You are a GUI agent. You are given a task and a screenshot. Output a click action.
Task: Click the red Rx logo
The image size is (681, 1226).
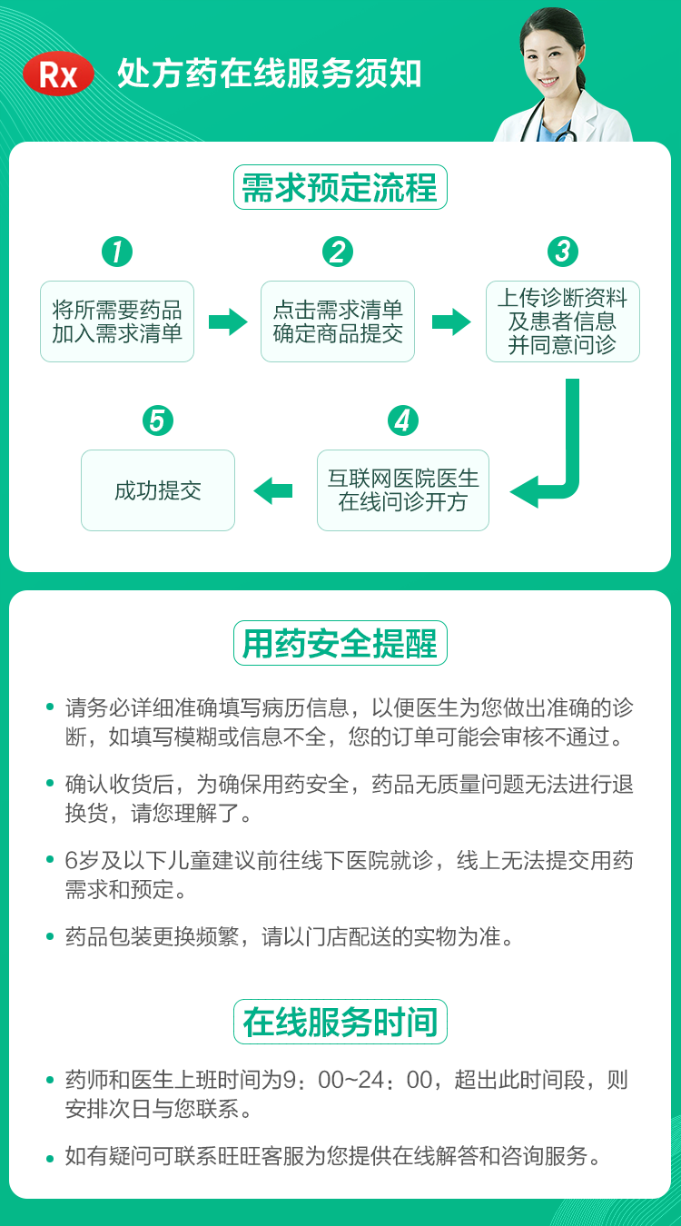(59, 74)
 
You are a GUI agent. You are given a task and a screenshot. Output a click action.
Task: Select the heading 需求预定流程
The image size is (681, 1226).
(340, 188)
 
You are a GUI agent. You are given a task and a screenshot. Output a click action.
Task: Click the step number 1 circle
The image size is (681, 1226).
(117, 252)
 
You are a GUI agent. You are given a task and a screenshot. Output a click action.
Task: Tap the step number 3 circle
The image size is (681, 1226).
(563, 252)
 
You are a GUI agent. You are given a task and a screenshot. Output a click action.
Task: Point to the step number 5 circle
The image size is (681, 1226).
(158, 421)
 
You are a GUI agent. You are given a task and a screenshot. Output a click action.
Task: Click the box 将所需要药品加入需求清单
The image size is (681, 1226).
(117, 321)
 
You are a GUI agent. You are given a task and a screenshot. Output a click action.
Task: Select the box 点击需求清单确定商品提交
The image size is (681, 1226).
(338, 321)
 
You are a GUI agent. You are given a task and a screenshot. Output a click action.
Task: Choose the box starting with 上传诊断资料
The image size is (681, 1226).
(563, 321)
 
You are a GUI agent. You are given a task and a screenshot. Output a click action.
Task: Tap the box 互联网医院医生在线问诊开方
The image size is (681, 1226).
(403, 490)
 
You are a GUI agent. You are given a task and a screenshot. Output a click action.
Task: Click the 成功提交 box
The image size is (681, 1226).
(158, 490)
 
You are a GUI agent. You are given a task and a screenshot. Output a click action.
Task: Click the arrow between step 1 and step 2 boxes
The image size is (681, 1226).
(228, 321)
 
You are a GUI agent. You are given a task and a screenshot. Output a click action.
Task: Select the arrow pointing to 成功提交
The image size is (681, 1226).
(273, 491)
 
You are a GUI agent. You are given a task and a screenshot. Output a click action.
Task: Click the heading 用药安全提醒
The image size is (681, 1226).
(340, 643)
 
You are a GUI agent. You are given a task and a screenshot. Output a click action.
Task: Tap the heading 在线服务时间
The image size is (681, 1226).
(340, 1022)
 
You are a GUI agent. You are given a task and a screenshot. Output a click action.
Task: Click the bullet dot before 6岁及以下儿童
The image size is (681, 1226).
(51, 861)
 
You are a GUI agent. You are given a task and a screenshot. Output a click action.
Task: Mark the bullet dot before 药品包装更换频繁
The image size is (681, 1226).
(51, 937)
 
